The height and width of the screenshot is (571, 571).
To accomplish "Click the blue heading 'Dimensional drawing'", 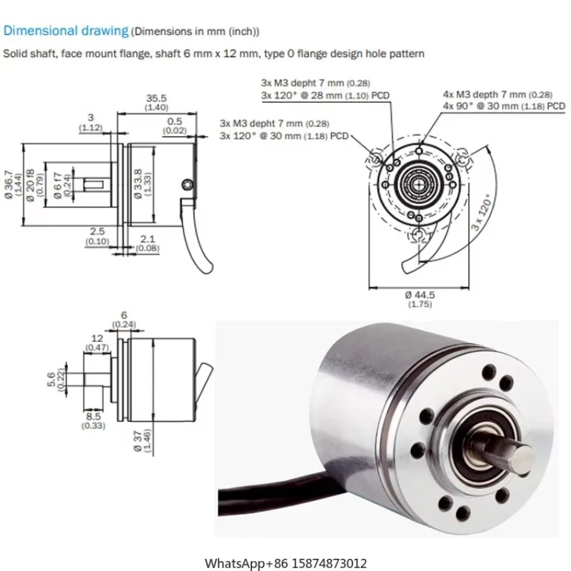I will coord(66,31).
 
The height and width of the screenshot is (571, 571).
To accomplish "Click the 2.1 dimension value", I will coord(148,239).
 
